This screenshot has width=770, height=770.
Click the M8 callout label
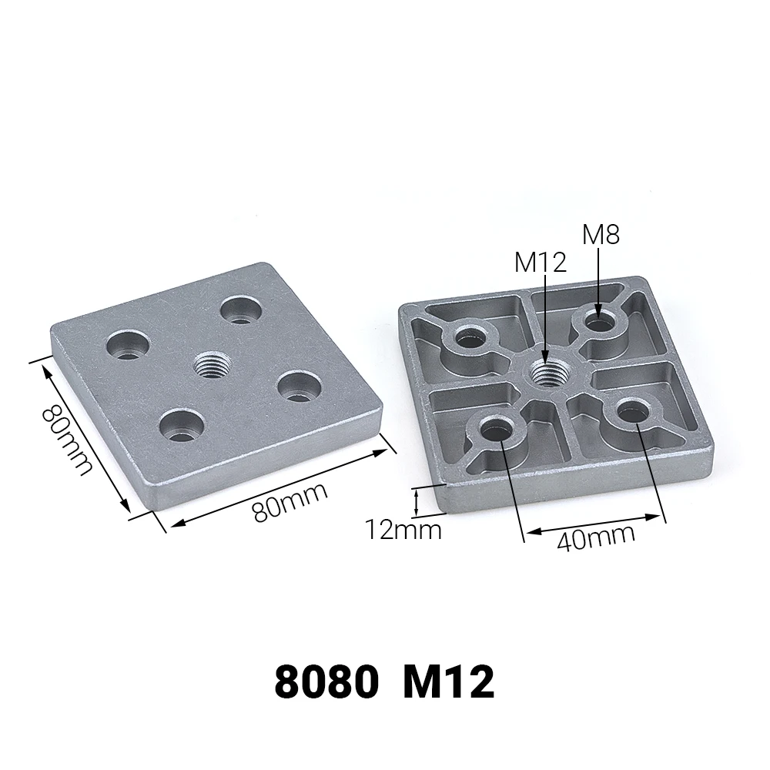(601, 234)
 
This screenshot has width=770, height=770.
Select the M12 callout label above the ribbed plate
(541, 263)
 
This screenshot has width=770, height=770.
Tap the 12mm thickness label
(403, 530)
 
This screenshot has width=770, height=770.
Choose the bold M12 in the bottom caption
(447, 682)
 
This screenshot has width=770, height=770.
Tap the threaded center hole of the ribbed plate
(546, 374)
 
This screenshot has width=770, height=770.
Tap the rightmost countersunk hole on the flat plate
(296, 385)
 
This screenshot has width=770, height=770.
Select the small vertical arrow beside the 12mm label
(417, 502)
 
